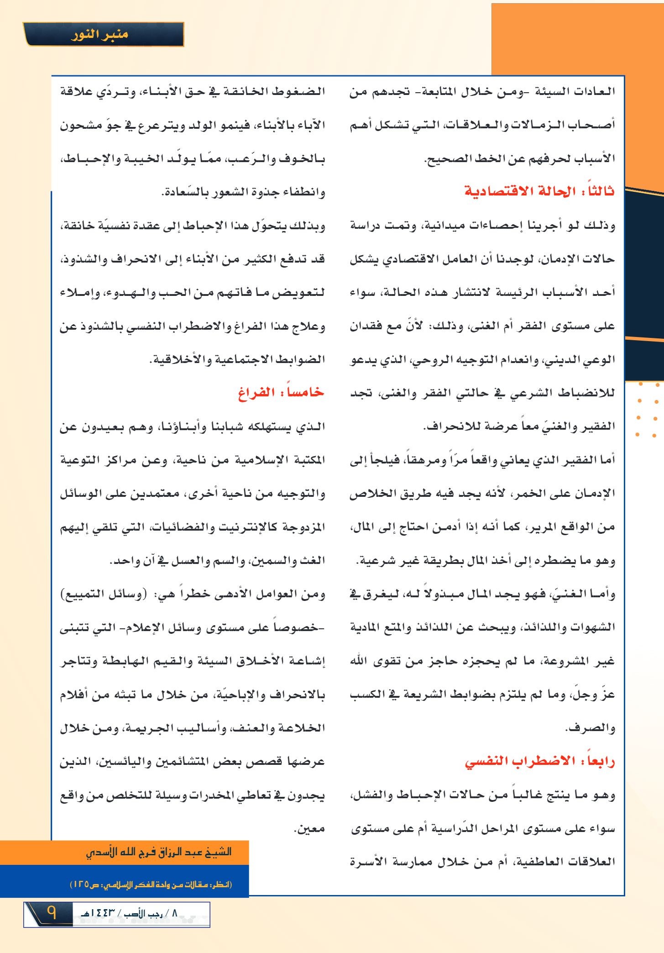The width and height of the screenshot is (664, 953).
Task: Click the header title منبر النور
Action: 100,35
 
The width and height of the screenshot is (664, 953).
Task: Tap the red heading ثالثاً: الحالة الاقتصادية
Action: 539,191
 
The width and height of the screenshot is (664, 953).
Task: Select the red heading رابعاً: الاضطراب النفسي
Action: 539,762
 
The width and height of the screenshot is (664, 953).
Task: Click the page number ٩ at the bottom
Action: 51,913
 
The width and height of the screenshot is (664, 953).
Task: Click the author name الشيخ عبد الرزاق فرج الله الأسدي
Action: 159,852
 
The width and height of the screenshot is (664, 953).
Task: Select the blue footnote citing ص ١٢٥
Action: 151,885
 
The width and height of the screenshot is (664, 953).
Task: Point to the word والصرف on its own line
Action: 591,728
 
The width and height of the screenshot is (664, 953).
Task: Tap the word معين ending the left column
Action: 309,828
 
